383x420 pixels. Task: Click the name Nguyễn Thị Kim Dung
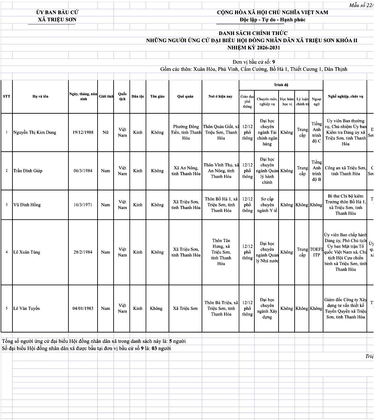pyautogui.click(x=35, y=132)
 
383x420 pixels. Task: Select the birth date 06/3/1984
pyautogui.click(x=83, y=171)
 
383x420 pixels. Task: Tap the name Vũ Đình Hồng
pyautogui.click(x=27, y=205)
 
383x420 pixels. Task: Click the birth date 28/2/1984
pyautogui.click(x=83, y=252)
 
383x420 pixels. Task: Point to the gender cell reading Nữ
pyautogui.click(x=105, y=132)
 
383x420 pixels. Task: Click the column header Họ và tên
pyautogui.click(x=40, y=96)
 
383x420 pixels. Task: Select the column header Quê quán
pyautogui.click(x=185, y=96)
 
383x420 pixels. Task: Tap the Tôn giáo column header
pyautogui.click(x=157, y=96)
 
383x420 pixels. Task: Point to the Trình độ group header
pyautogui.click(x=281, y=85)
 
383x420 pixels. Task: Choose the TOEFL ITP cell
pyautogui.click(x=316, y=252)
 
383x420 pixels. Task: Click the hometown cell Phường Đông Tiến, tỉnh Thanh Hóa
pyautogui.click(x=186, y=132)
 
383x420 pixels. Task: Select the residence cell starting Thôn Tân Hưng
pyautogui.click(x=221, y=252)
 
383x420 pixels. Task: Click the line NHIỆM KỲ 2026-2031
pyautogui.click(x=254, y=48)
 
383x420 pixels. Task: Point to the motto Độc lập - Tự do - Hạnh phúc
pyautogui.click(x=272, y=20)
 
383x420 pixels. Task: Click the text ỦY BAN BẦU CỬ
pyautogui.click(x=57, y=12)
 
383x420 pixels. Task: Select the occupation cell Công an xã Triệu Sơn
pyautogui.click(x=345, y=171)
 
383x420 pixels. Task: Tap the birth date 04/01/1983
pyautogui.click(x=83, y=308)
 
